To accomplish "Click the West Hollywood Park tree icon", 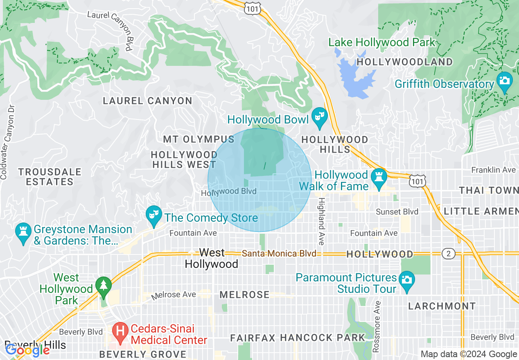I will pos(104,286).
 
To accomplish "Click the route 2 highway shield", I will pos(449,254).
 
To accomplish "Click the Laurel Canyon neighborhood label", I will pos(147,101).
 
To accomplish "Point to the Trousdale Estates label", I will pos(50,177).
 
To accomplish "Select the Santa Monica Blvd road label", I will pos(279,254).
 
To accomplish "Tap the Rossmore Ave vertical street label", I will pos(377,327).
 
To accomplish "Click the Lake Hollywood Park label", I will pos(381,42).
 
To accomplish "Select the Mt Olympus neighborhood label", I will pos(199,139).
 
